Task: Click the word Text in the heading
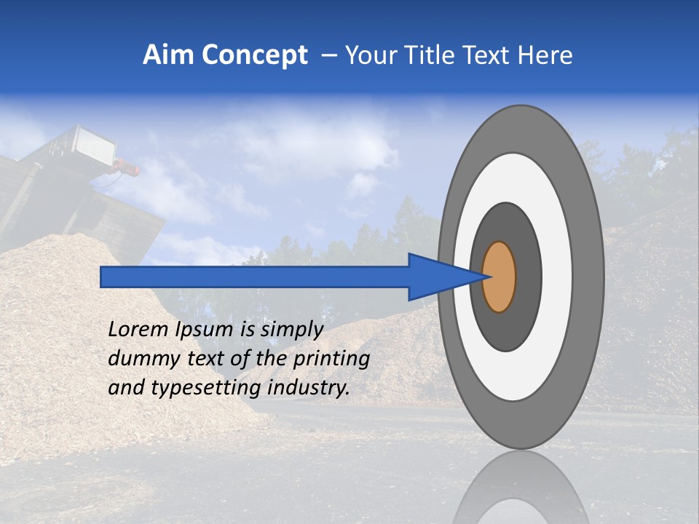click(489, 55)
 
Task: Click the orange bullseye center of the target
click(499, 277)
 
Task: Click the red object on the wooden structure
click(128, 170)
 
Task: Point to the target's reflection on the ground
click(520, 488)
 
